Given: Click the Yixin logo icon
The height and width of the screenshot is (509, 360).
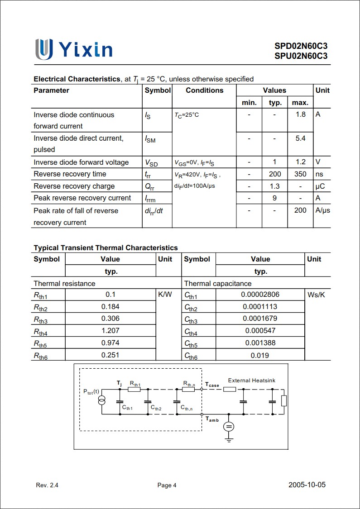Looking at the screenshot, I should coord(44,49).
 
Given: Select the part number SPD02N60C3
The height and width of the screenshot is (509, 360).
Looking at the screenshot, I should coord(301,46).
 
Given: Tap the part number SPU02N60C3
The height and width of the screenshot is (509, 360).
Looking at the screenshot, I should coord(301,56).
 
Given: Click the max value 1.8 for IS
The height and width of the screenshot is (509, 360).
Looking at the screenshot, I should coord(301,114).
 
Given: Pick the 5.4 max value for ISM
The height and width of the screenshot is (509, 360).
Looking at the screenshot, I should coord(301,138).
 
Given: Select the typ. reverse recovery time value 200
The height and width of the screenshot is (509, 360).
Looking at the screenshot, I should coord(274,174).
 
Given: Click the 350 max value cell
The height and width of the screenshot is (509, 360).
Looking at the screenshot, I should coord(300,174).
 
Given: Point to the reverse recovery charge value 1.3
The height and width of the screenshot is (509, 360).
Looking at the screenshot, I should coord(274,186).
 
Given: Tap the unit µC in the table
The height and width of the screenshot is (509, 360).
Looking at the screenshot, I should coord(320,186).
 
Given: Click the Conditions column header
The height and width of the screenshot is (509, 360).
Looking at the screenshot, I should coord(204,90).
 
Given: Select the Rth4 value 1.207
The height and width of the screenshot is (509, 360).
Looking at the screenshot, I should coord(110,331).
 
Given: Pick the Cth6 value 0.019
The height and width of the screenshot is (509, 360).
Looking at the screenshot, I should coord(260,356).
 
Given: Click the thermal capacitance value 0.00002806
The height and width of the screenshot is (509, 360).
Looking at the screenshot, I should coord(260,295).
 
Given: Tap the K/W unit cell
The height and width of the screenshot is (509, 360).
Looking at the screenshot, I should coord(165,295).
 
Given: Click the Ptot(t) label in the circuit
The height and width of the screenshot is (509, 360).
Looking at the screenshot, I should coord(91,391).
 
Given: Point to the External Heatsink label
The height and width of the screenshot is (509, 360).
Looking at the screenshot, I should coord(251,381).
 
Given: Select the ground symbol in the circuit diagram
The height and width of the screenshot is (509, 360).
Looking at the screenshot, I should coord(229,438).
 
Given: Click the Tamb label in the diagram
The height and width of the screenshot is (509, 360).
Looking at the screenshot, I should coord(212,419).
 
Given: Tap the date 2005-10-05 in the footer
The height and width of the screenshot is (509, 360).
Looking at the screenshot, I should coord(307,485).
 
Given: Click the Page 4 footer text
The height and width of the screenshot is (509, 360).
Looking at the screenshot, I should coord(167,485).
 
